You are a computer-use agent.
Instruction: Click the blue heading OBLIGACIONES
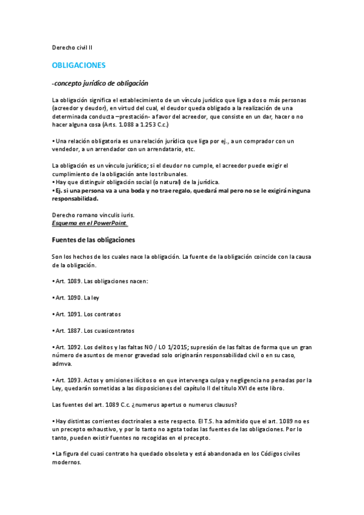(79, 64)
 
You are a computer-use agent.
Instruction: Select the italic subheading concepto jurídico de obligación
(101, 83)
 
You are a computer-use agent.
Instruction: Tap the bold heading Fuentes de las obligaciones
(94, 240)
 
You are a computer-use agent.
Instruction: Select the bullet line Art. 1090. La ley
(75, 298)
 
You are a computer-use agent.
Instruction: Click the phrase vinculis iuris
(112, 215)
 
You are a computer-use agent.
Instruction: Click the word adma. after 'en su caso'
(62, 364)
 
